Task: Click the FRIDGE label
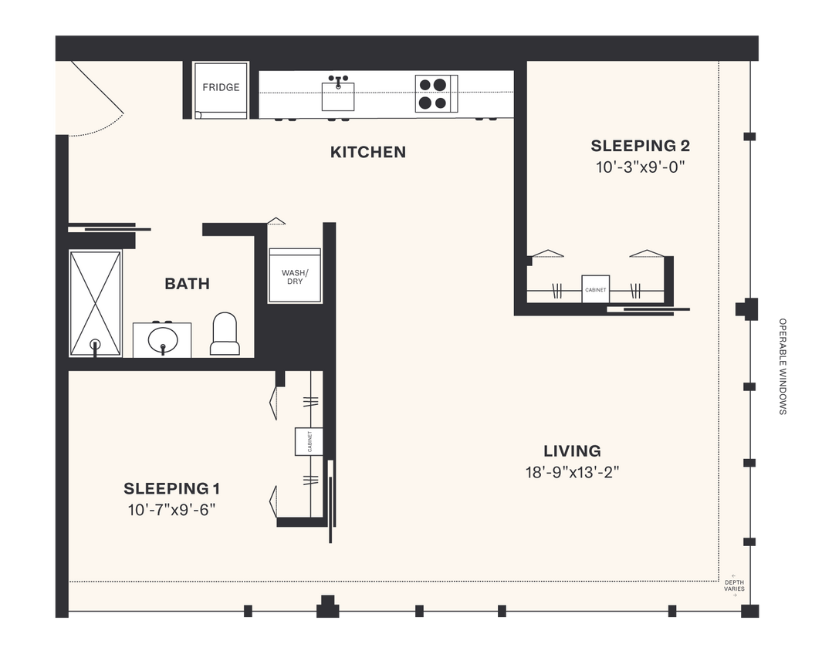[221, 88]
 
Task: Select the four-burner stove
[432, 93]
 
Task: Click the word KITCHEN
[367, 152]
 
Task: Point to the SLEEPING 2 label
[640, 146]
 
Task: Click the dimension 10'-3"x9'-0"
[640, 167]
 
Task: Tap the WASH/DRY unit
[294, 277]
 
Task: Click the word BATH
[187, 284]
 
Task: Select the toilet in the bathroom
[225, 334]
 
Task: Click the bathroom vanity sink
[163, 340]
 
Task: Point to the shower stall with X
[96, 303]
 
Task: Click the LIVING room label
[571, 451]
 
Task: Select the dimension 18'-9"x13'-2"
[571, 472]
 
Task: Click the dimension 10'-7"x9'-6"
[172, 509]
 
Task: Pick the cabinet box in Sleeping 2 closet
[595, 289]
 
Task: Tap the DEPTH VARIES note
[734, 585]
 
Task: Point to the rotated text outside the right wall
[783, 366]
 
